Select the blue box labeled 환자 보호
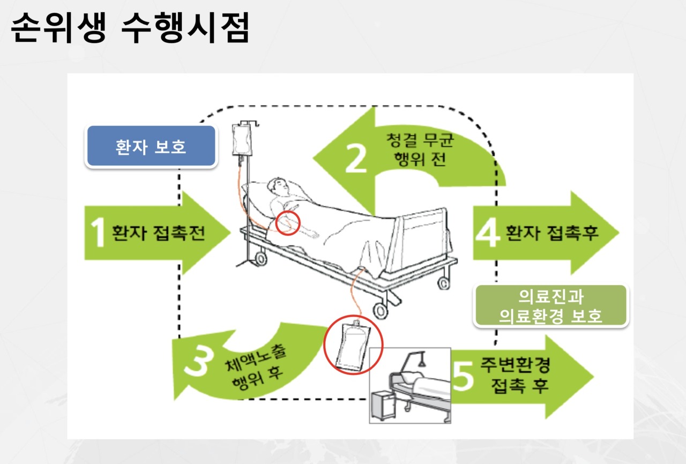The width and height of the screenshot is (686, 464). click(151, 147)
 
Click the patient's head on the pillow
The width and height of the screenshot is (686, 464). click(280, 188)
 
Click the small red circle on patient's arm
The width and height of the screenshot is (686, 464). click(288, 223)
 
